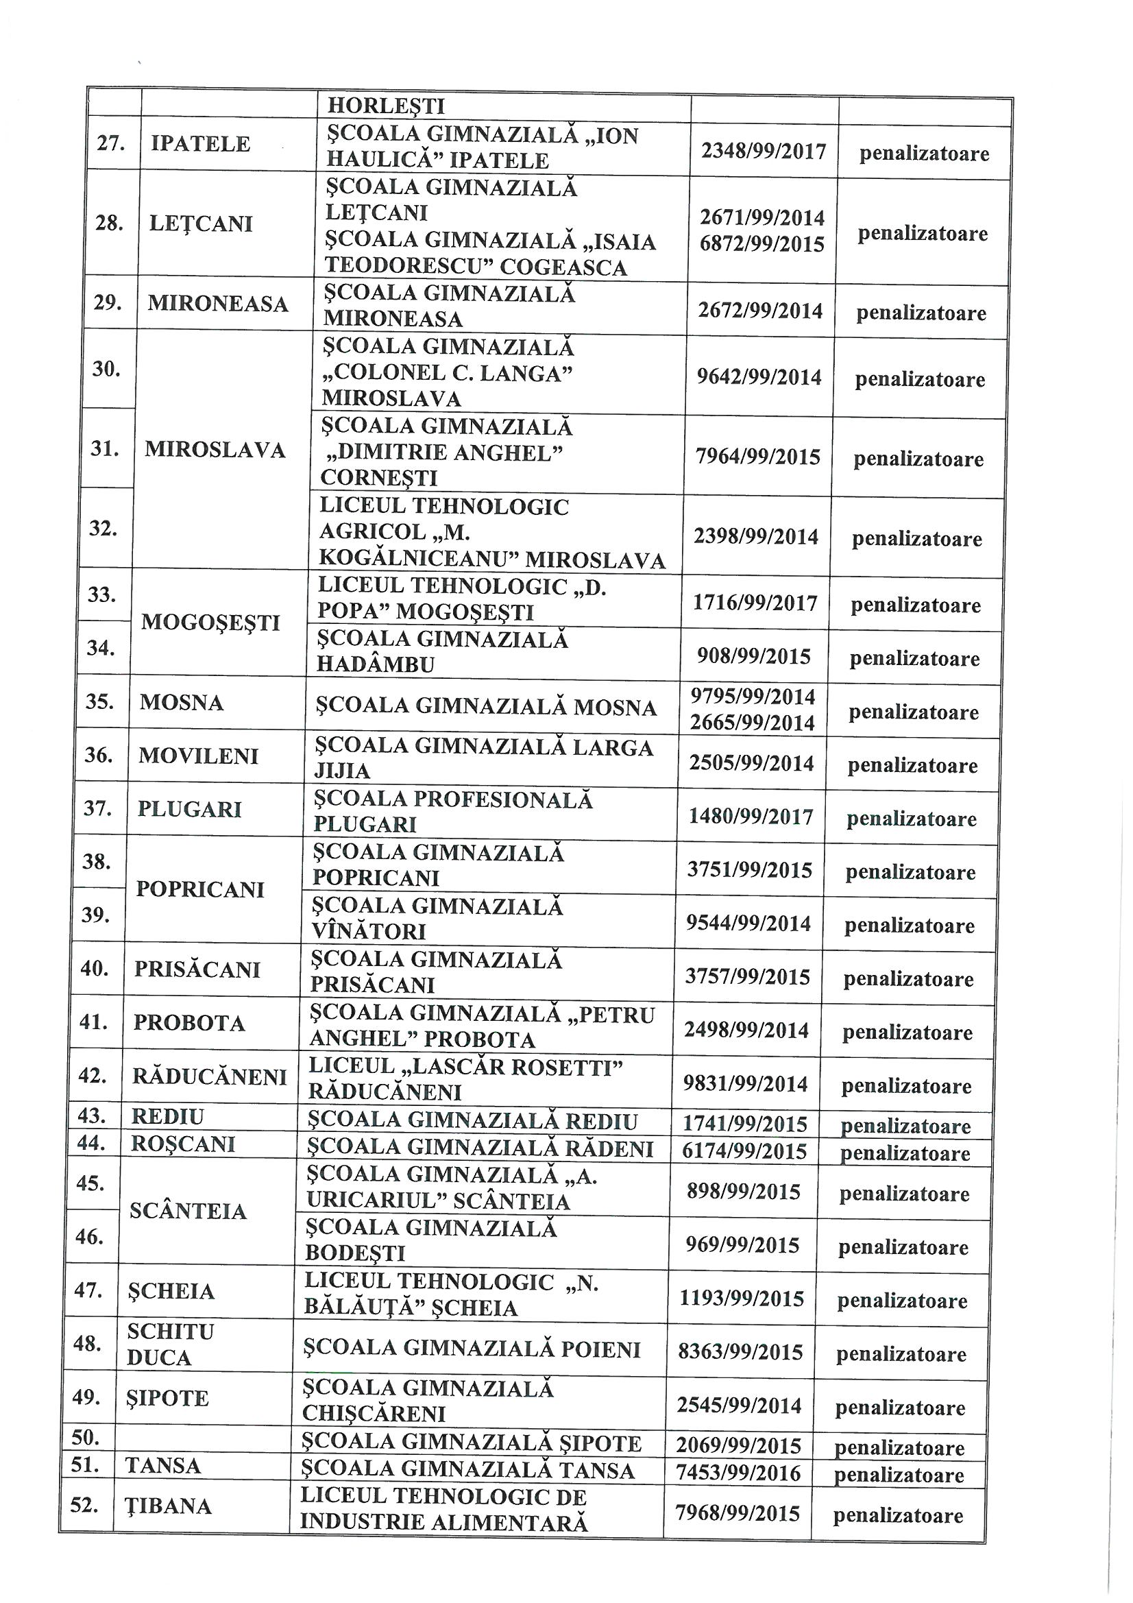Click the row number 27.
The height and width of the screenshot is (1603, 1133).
110,144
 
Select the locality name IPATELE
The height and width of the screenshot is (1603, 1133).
200,144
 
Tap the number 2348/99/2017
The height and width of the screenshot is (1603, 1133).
764,152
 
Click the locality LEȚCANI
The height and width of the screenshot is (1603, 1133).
200,224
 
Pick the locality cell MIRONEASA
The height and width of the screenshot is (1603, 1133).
218,304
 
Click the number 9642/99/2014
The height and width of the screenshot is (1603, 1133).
759,378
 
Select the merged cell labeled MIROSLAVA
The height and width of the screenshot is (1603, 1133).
215,450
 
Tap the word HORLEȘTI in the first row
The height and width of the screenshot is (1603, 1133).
386,106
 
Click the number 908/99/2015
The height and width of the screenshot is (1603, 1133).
754,657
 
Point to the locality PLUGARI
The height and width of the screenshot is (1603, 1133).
190,810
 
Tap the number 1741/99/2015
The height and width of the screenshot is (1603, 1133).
745,1124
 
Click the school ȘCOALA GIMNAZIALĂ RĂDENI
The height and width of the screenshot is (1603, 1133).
480,1149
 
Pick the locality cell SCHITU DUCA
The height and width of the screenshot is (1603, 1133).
169,1345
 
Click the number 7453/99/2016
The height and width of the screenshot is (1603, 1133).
739,1473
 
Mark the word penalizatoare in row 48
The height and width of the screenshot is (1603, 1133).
901,1354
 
